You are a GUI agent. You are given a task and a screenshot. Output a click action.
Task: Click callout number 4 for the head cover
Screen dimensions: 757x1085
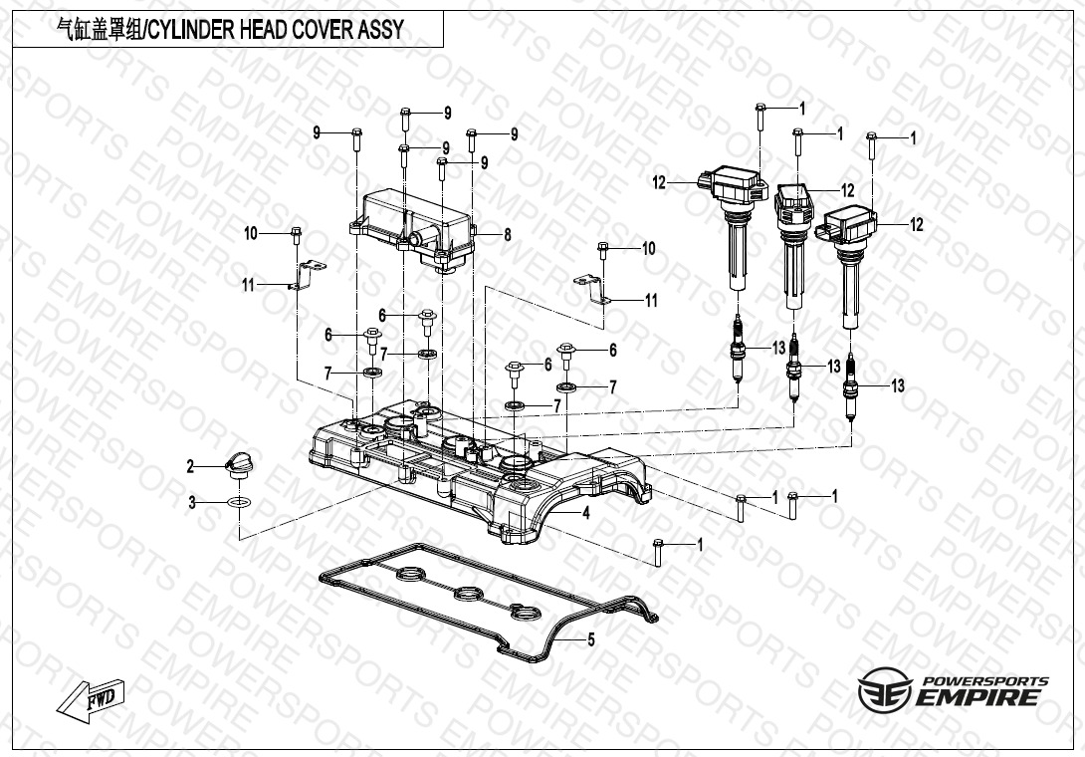[x=586, y=514]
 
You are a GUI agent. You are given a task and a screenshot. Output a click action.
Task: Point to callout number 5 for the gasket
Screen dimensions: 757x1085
[x=590, y=639]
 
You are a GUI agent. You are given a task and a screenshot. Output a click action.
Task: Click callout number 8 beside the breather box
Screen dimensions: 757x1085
[x=507, y=235]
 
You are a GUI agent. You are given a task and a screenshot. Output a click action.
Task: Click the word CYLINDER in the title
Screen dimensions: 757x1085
[x=193, y=29]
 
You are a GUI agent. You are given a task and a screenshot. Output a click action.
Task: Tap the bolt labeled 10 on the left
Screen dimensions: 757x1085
[x=296, y=235]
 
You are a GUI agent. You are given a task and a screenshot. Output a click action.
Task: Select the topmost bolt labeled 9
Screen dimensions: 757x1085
[x=406, y=119]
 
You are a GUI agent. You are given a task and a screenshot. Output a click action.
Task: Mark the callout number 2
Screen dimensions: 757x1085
[x=190, y=466]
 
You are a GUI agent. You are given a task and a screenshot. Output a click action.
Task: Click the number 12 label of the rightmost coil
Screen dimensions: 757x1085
[x=916, y=225]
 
